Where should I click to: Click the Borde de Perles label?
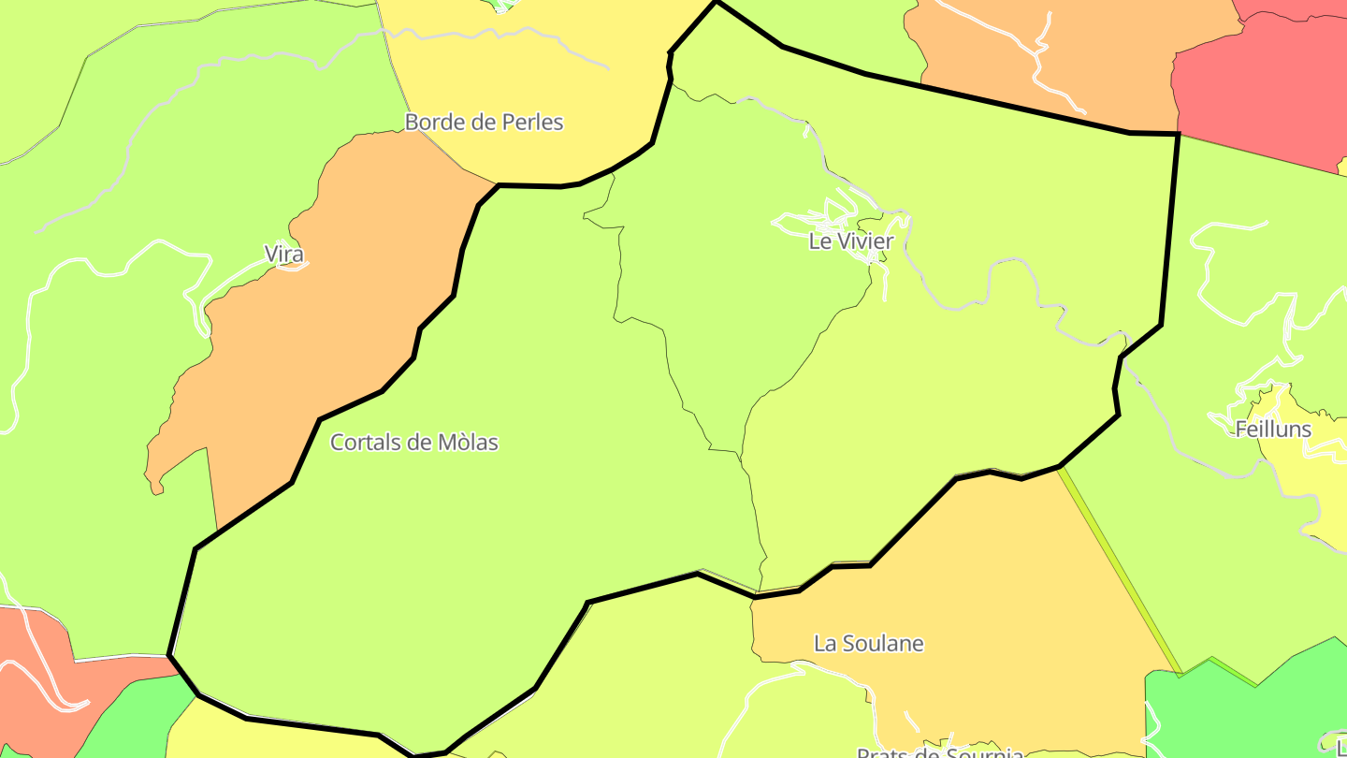click(x=484, y=122)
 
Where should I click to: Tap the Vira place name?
click(x=284, y=254)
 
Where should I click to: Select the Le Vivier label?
click(x=851, y=241)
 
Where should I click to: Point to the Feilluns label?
click(x=1273, y=430)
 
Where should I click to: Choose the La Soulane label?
click(x=868, y=644)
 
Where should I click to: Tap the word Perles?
click(x=532, y=122)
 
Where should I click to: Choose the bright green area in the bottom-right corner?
click(x=1244, y=711)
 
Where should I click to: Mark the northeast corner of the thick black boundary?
click(x=1178, y=135)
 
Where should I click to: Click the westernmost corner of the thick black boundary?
click(x=169, y=654)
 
